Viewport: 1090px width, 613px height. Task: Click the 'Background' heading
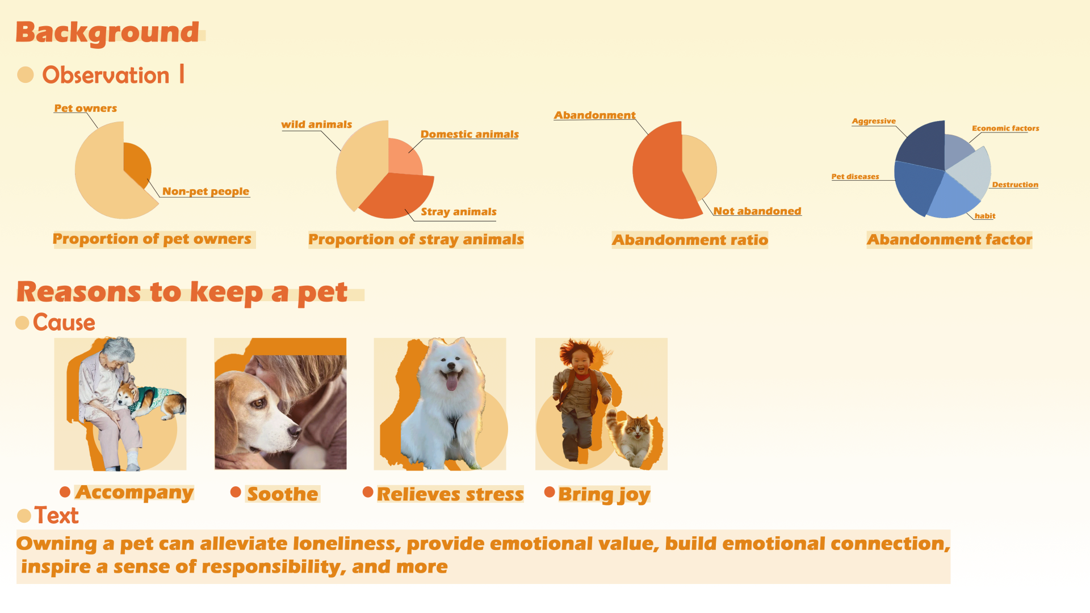[107, 33]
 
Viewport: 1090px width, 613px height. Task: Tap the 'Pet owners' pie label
[86, 108]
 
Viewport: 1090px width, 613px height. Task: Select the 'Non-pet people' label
[206, 191]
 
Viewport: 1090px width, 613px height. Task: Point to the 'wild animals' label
[316, 124]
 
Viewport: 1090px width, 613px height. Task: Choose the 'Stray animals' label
[459, 212]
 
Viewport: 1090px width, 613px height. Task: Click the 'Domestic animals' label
[469, 134]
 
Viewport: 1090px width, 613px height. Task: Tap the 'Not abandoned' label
[757, 211]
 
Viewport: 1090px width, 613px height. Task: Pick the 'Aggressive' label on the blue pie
[874, 121]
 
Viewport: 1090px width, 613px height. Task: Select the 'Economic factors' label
[1005, 128]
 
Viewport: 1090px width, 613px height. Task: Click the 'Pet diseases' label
[855, 177]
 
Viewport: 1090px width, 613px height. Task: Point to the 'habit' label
[985, 216]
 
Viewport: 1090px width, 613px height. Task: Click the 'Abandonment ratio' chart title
[690, 240]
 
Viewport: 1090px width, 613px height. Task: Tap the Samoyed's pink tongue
[451, 382]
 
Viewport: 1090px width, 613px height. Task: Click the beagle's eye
[258, 403]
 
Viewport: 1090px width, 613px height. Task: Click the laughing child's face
[580, 362]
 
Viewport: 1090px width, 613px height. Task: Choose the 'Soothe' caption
[283, 494]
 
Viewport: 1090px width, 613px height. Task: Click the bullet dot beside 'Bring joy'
[550, 492]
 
